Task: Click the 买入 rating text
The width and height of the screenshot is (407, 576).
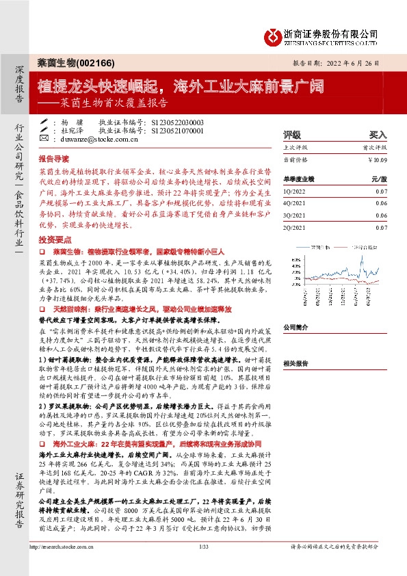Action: pos(378,135)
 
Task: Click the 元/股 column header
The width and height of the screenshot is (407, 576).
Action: pos(379,178)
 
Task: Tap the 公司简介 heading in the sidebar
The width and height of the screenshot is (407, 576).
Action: pos(296,327)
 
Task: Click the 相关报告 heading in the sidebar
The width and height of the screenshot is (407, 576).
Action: pos(296,365)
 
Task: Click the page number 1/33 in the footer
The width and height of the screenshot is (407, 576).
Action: pos(202,566)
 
